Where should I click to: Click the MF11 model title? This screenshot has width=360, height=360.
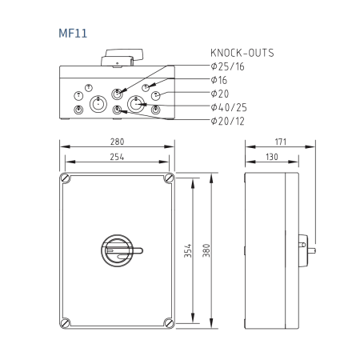point(73,34)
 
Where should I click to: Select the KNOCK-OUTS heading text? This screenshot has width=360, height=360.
point(242,53)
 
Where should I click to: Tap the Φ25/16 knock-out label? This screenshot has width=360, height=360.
point(227,66)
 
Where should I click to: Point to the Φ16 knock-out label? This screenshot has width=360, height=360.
point(218,80)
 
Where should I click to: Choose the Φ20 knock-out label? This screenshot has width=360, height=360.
point(220,94)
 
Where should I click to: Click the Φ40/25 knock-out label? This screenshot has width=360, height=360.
point(229,107)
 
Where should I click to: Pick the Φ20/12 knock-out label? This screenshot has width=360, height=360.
point(227,121)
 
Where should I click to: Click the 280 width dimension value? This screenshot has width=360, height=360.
point(117,142)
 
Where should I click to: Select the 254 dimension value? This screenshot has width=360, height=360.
point(117,157)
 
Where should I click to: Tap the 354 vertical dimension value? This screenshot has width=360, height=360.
point(188,250)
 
